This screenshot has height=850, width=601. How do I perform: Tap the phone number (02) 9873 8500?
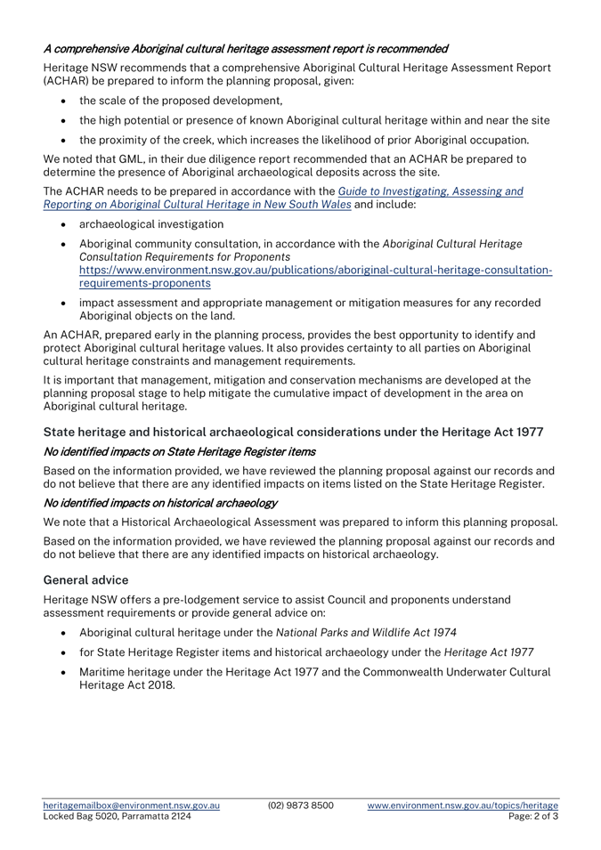click(302, 805)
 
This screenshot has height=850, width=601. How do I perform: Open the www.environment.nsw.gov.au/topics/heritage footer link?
click(463, 805)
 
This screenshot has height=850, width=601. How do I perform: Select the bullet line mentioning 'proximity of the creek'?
click(317, 140)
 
